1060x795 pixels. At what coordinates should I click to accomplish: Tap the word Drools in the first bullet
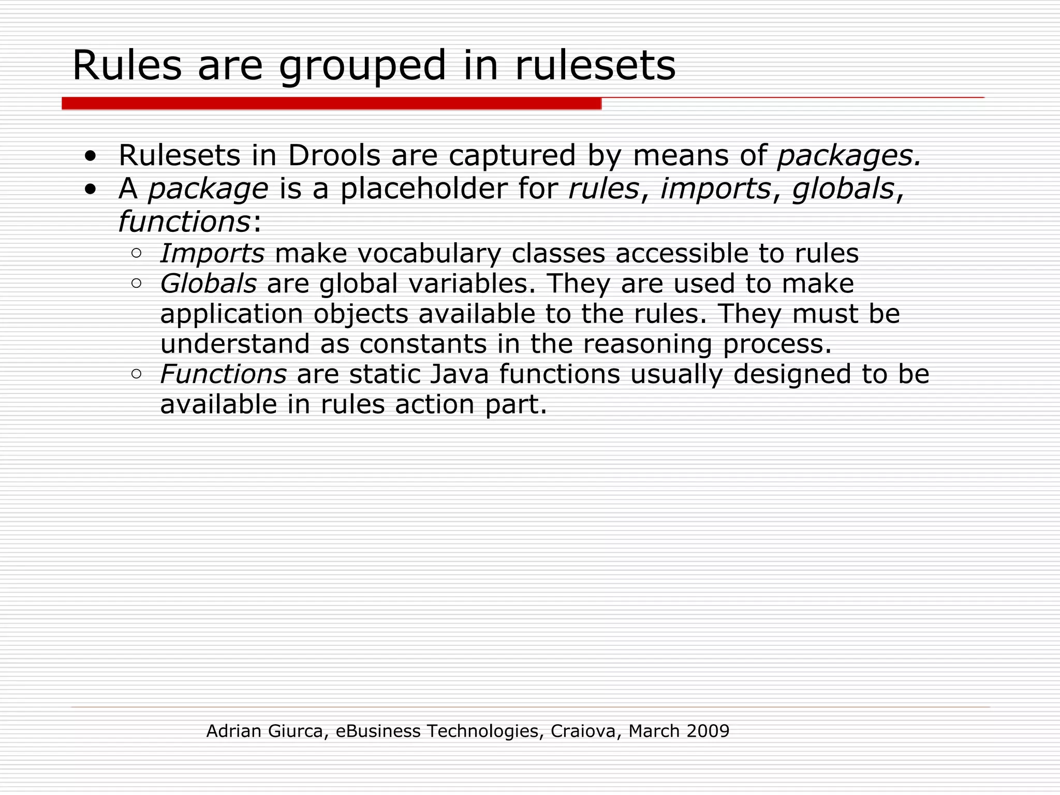(334, 155)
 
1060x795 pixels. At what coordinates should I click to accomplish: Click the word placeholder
(423, 188)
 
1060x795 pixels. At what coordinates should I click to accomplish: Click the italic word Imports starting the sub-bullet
(213, 254)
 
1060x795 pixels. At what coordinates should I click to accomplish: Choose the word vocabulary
(429, 254)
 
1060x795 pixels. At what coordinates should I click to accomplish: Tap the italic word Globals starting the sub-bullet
(208, 284)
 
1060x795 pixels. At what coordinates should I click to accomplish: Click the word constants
(423, 344)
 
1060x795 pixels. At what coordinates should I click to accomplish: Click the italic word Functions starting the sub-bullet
(223, 374)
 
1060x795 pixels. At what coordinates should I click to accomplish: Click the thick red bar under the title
(331, 104)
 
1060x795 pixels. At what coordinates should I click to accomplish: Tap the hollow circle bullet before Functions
(136, 374)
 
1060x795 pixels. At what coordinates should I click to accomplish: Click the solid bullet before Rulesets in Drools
(91, 156)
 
